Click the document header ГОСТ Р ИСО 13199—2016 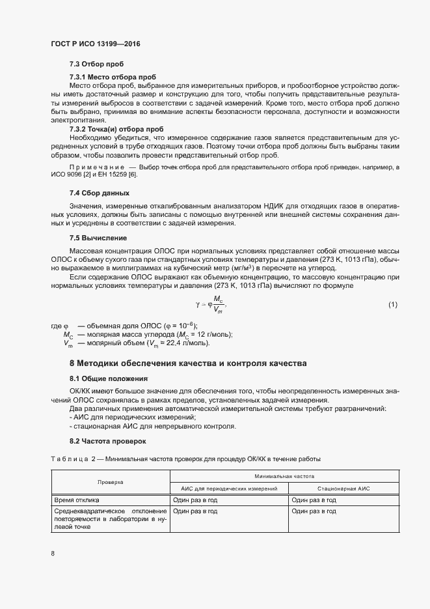[x=95, y=44]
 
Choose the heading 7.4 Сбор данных [x=100, y=193]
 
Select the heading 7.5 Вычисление [x=98, y=238]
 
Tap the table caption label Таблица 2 [x=72, y=460]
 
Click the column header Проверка [x=110, y=482]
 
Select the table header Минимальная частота [x=284, y=476]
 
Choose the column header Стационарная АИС [x=343, y=488]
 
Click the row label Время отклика [x=76, y=500]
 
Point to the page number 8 [x=53, y=553]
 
